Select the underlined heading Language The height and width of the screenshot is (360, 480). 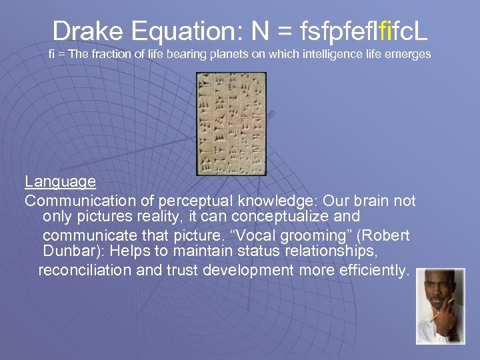pyautogui.click(x=60, y=181)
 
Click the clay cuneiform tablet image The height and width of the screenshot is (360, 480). pyautogui.click(x=231, y=123)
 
